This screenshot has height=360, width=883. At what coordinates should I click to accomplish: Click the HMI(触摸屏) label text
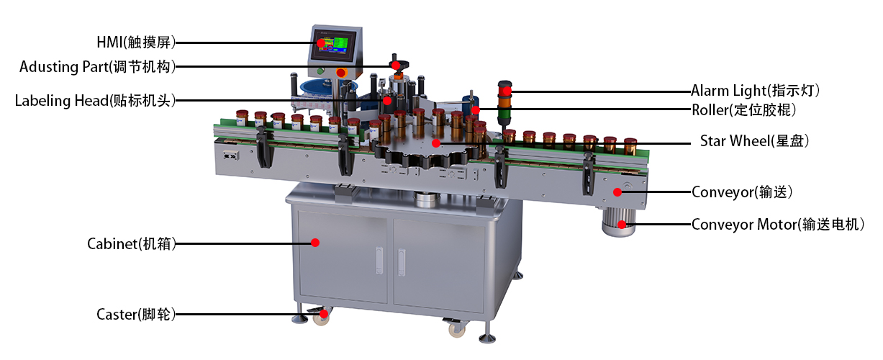135,42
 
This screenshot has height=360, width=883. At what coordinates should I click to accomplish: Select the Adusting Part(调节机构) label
97,67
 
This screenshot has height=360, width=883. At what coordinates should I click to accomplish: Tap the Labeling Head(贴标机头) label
95,101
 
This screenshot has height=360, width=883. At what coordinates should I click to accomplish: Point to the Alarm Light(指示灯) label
756,91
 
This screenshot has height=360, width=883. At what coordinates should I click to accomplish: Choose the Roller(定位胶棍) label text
744,110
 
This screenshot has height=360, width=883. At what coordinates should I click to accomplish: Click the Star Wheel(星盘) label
754,141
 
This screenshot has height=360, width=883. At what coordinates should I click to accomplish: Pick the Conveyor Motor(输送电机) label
778,225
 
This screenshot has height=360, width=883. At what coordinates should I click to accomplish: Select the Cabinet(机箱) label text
131,243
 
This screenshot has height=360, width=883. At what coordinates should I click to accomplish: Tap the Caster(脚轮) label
136,314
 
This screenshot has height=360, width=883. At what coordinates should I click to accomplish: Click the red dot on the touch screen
321,43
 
